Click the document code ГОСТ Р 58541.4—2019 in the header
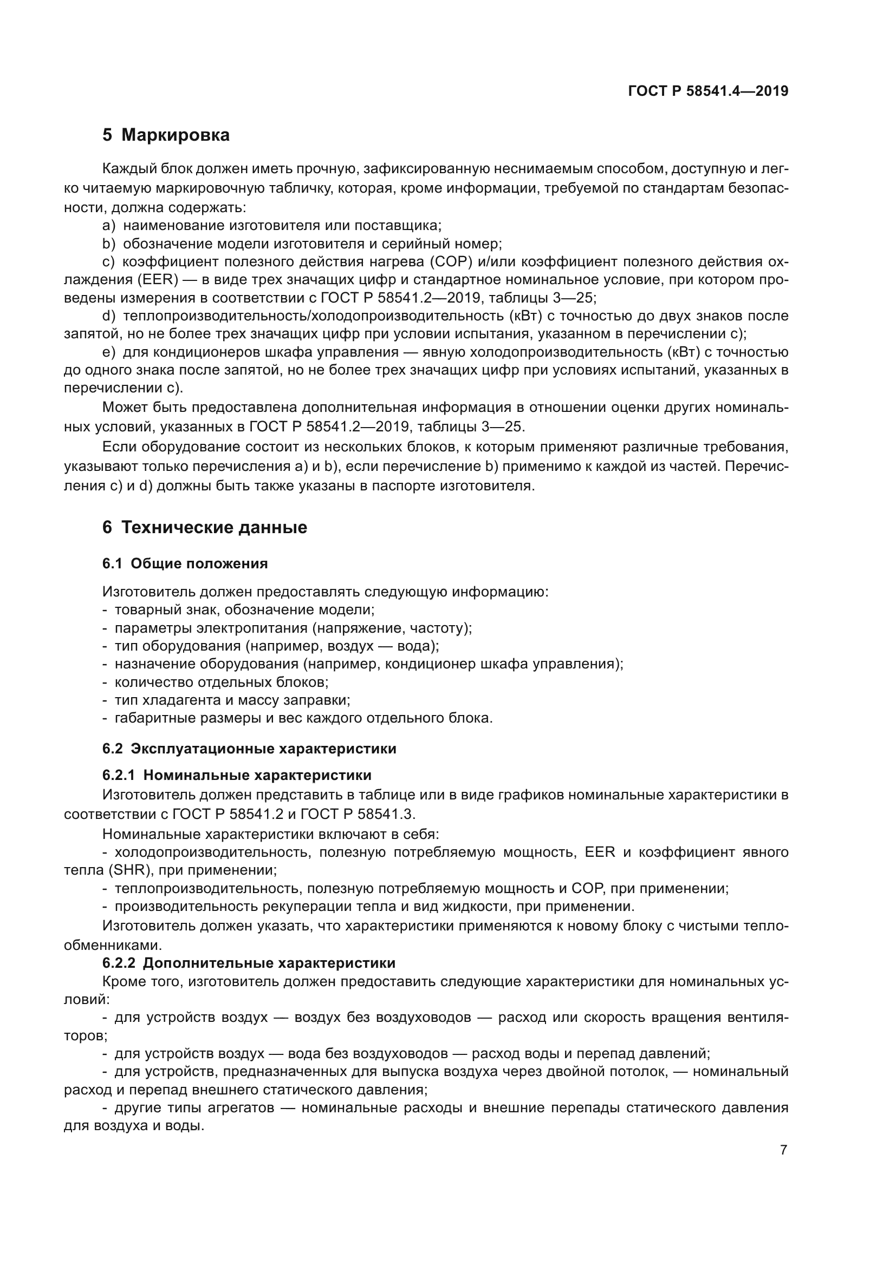tap(708, 91)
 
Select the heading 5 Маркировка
tap(166, 135)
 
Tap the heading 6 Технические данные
tap(205, 528)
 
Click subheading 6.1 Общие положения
tap(185, 563)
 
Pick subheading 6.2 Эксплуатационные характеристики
tap(249, 749)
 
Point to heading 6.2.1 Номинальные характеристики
tap(237, 775)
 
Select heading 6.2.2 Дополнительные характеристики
tap(249, 963)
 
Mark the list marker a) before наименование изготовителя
tap(109, 226)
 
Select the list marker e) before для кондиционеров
tap(109, 352)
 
